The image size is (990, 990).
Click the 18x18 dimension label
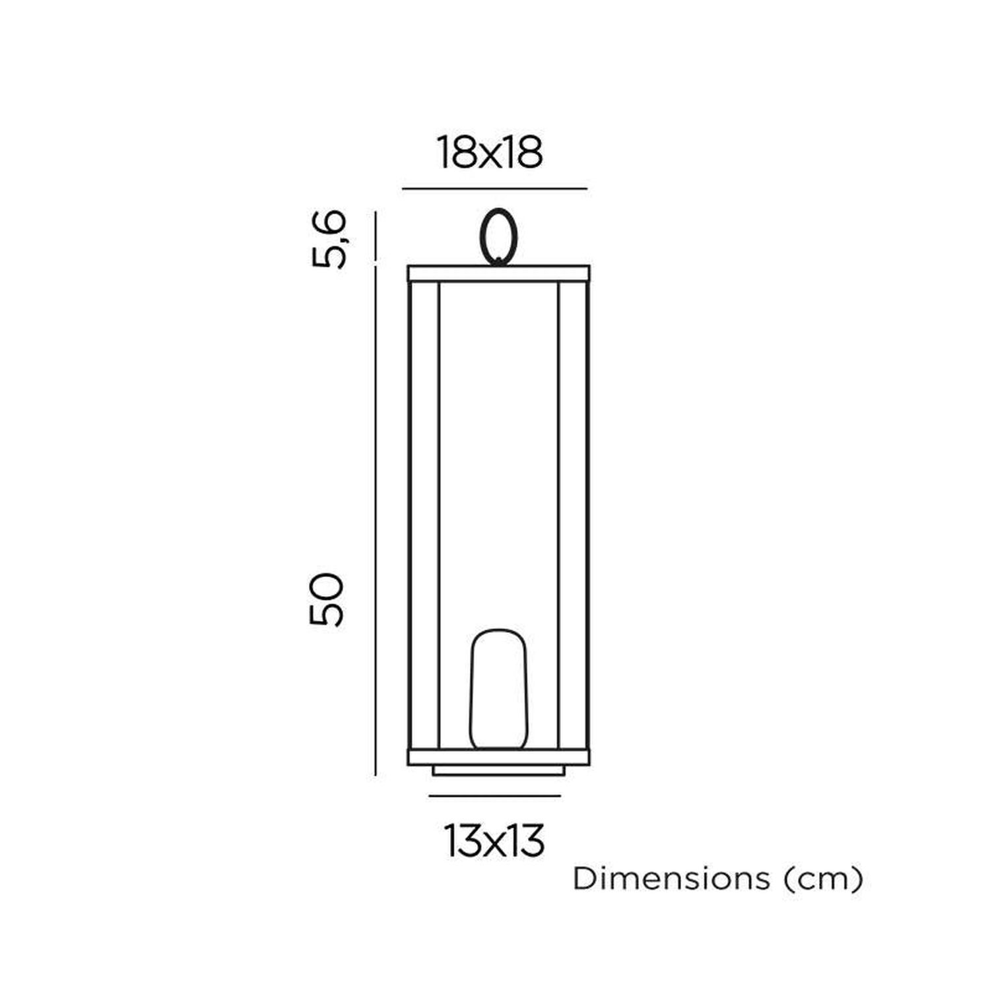point(490,153)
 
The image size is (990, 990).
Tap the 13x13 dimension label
point(495,841)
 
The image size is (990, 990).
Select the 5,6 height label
point(328,239)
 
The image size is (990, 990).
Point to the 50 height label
point(327,599)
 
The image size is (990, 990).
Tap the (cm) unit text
point(822,880)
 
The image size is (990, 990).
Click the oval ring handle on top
point(498,236)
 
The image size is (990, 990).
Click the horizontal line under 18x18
point(494,189)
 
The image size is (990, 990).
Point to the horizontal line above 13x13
point(494,796)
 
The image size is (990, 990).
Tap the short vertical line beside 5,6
point(376,236)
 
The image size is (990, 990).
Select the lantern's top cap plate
point(498,273)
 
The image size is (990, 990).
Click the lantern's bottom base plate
point(498,757)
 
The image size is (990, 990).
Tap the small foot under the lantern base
point(498,770)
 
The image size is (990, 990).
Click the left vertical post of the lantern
point(424,515)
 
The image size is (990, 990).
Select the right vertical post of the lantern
point(573,515)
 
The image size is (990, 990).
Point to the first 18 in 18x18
point(456,153)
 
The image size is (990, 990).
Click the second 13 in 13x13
point(526,841)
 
